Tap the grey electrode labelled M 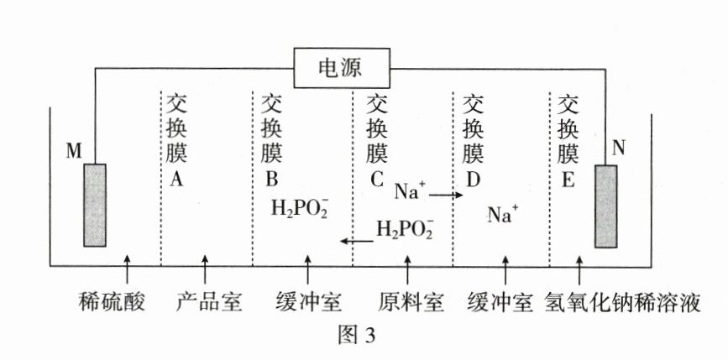[95, 204]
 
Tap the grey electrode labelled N [606, 206]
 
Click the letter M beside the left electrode [74, 151]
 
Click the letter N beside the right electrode [621, 149]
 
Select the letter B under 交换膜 [272, 178]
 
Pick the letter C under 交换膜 [376, 178]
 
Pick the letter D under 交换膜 [474, 178]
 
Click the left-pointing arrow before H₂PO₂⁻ [357, 242]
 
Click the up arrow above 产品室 [206, 271]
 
